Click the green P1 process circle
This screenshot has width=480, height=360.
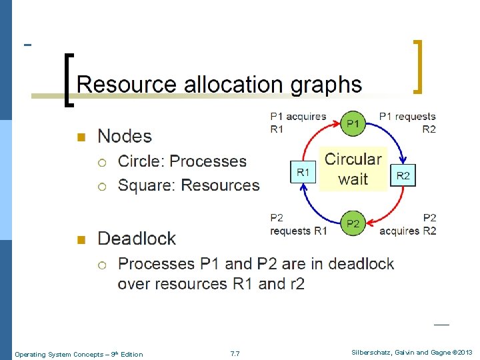pyautogui.click(x=353, y=123)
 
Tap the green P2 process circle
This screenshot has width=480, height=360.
pyautogui.click(x=353, y=223)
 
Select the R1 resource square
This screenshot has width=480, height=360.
pyautogui.click(x=303, y=172)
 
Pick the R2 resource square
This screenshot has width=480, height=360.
pyautogui.click(x=403, y=175)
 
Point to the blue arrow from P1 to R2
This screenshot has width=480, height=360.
pyautogui.click(x=393, y=135)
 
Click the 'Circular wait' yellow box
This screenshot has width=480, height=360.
pyautogui.click(x=353, y=169)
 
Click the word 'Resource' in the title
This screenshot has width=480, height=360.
pyautogui.click(x=126, y=84)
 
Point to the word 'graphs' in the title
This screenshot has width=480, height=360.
pyautogui.click(x=326, y=85)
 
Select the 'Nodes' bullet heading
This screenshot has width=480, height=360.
pyautogui.click(x=125, y=136)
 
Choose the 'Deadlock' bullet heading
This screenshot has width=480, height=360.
pyautogui.click(x=137, y=238)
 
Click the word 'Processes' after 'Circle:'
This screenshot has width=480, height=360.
pyautogui.click(x=208, y=161)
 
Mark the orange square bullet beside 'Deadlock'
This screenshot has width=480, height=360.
pyautogui.click(x=81, y=239)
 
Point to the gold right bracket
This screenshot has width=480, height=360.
pyautogui.click(x=418, y=67)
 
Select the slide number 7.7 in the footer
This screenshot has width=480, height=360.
pyautogui.click(x=235, y=354)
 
